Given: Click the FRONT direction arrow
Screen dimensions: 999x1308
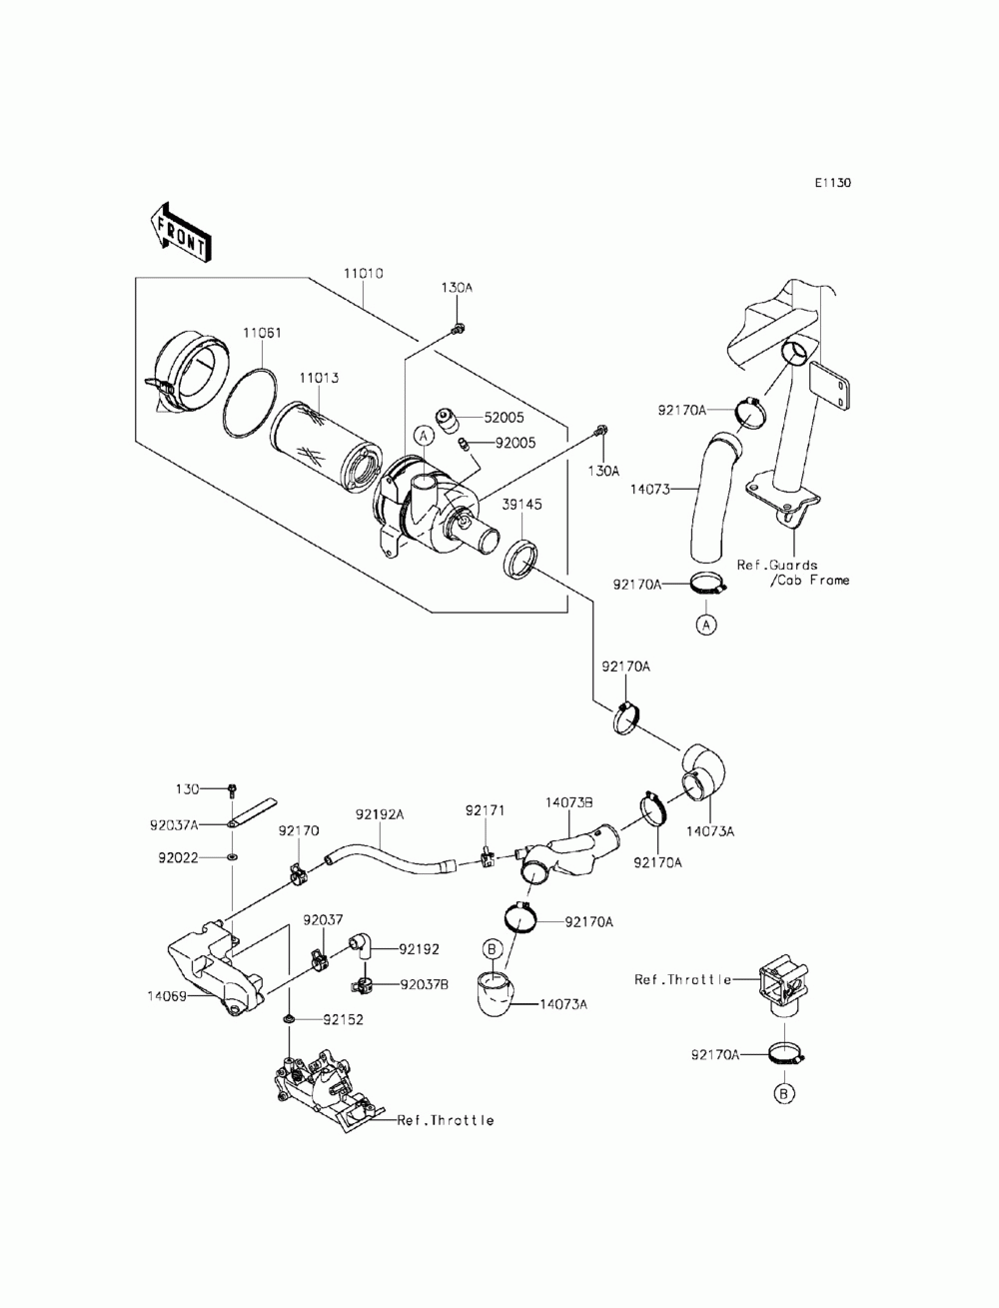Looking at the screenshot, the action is (180, 233).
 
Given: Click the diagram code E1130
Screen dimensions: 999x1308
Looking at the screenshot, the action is (832, 183).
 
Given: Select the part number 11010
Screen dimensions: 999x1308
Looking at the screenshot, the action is (363, 274).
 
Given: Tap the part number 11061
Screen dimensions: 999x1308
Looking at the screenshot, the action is (262, 333).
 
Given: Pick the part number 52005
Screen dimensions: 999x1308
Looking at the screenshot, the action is (503, 418).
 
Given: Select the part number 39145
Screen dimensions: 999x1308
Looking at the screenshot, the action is (521, 505).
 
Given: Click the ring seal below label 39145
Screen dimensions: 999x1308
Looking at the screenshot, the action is (520, 559).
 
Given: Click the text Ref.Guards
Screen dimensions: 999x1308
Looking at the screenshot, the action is (777, 565).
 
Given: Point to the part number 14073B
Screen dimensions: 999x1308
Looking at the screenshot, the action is (568, 802).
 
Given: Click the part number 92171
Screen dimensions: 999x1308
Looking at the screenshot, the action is (485, 810).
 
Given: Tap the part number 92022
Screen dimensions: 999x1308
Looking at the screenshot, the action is (178, 857).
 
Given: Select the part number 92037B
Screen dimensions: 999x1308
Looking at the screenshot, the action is (425, 984).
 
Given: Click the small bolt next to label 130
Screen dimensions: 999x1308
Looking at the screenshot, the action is (231, 790).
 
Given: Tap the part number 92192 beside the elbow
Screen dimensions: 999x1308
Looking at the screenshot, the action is (419, 949).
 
